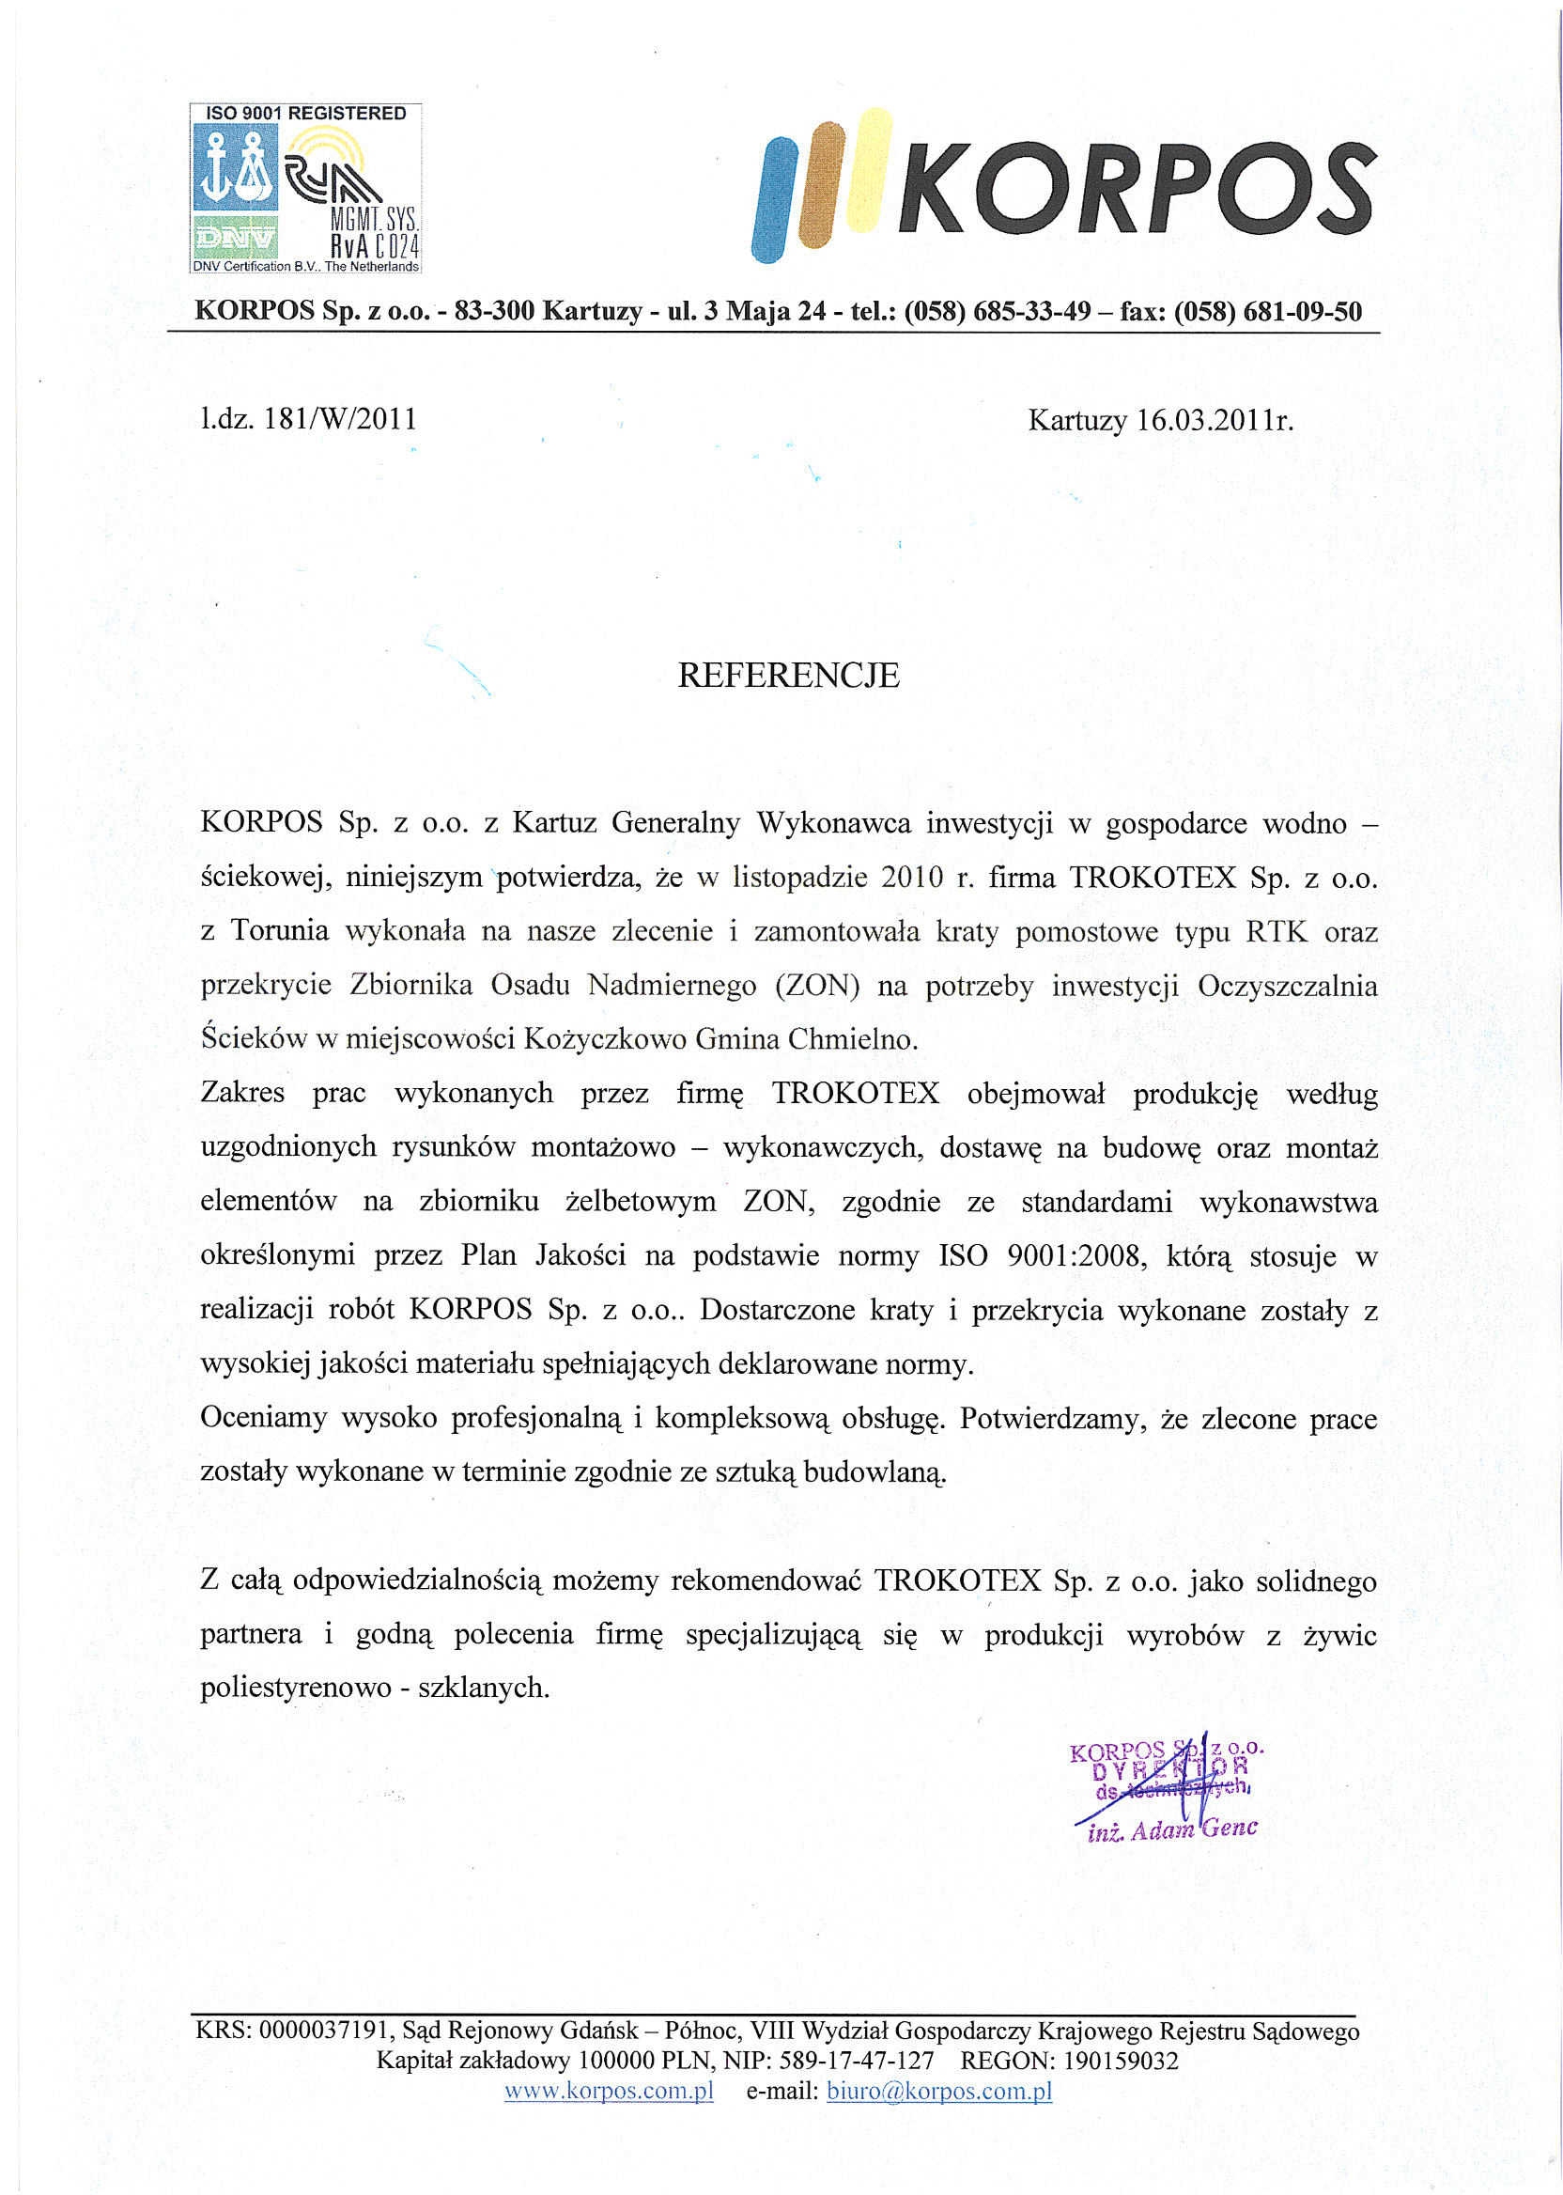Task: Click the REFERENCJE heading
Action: pyautogui.click(x=788, y=676)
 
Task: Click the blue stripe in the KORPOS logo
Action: pyautogui.click(x=776, y=199)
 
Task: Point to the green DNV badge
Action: pyautogui.click(x=236, y=237)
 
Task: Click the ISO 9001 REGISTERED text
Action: pyautogui.click(x=306, y=114)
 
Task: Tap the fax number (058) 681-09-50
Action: pyautogui.click(x=1267, y=312)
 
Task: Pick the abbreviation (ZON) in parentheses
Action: pyautogui.click(x=817, y=986)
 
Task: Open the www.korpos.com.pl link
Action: pyautogui.click(x=609, y=2090)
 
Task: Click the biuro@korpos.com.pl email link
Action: pyautogui.click(x=938, y=2090)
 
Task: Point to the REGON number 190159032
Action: pyautogui.click(x=1121, y=2061)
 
